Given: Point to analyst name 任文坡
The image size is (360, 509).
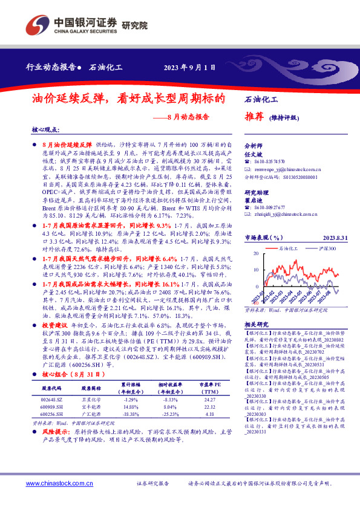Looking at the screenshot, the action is pos(253,154).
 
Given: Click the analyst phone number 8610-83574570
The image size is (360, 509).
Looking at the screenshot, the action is pos(269,162).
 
